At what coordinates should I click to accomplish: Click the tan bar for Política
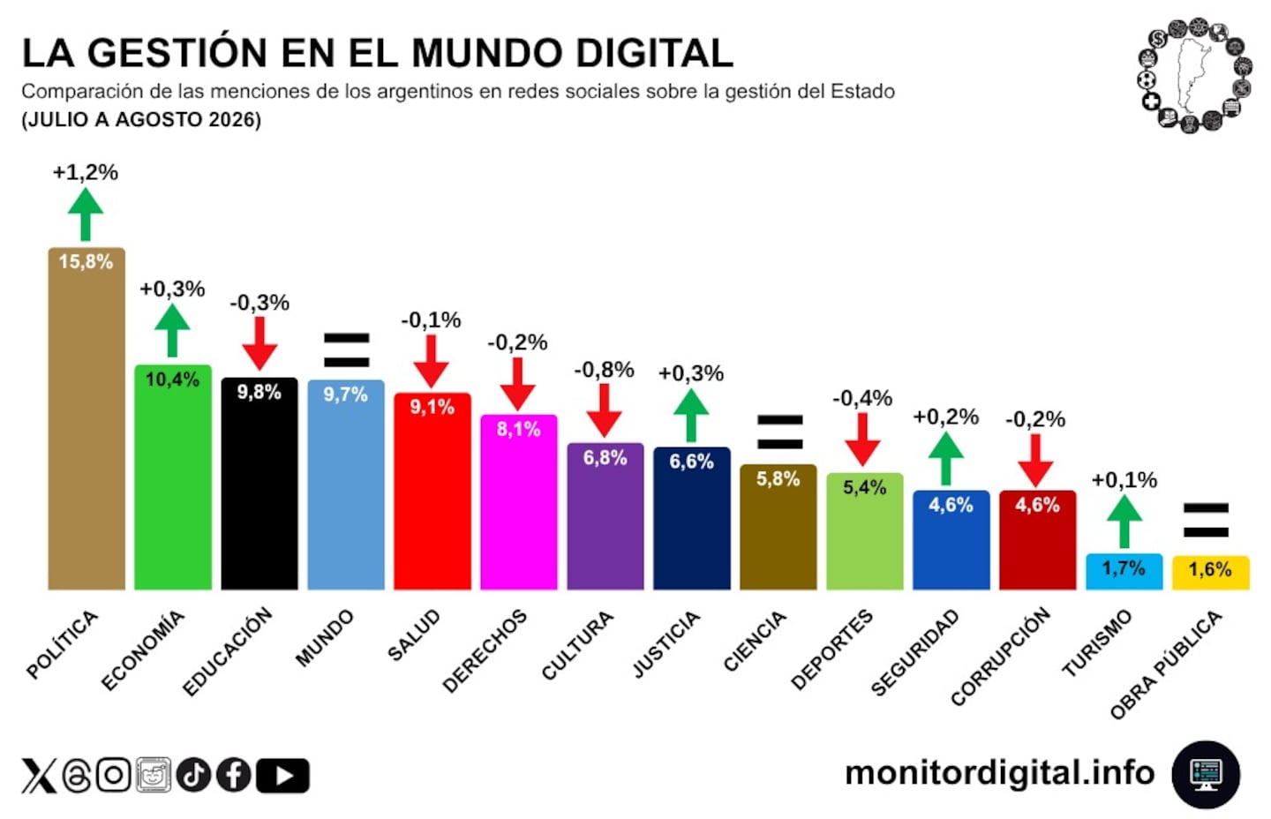[86, 418]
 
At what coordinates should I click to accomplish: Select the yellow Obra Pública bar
[1210, 573]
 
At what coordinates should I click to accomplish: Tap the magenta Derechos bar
[519, 502]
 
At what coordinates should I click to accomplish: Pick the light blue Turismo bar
[1124, 572]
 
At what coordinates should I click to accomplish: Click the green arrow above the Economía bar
[172, 331]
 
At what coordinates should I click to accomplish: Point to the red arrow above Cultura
[604, 410]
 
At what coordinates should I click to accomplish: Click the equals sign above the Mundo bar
[346, 350]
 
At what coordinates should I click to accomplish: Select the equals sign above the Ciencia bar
[780, 432]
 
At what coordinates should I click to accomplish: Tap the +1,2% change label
[85, 172]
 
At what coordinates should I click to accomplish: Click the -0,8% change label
[604, 371]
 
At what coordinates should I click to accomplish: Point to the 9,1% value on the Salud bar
[432, 407]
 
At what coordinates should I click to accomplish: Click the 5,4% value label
[864, 487]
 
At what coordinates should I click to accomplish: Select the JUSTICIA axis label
[666, 644]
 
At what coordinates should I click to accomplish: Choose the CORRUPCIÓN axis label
[1000, 657]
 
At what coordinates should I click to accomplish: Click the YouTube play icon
[282, 776]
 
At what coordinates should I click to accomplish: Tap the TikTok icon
[193, 775]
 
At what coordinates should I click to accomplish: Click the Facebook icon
[234, 775]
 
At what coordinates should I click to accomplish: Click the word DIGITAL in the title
[654, 53]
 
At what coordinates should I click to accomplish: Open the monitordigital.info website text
[1000, 773]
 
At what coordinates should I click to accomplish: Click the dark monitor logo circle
[1207, 774]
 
